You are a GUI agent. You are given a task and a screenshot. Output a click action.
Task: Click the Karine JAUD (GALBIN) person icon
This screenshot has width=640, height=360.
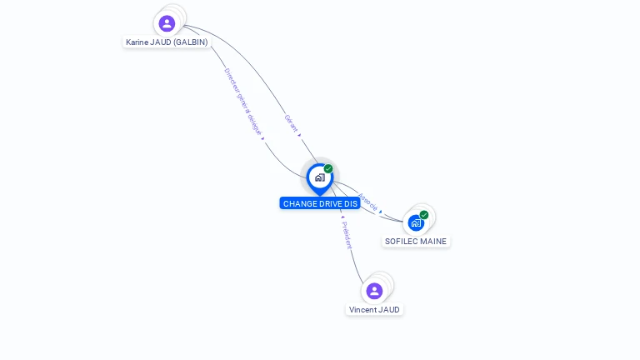point(167,23)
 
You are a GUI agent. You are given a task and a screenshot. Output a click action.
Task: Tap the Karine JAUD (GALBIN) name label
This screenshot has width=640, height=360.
point(167,42)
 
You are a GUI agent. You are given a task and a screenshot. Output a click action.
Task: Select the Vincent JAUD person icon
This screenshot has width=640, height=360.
point(374,291)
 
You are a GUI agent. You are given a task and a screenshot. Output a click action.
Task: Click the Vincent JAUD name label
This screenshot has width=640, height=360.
point(374,310)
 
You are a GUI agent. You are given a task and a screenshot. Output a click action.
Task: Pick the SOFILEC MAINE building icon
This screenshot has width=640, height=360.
point(416,223)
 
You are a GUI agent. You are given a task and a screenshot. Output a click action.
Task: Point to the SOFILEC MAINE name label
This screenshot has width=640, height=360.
point(416,242)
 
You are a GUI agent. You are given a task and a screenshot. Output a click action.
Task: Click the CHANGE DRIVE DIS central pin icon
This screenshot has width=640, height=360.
point(319,177)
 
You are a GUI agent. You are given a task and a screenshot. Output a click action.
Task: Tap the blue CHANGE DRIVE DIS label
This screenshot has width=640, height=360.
point(320,203)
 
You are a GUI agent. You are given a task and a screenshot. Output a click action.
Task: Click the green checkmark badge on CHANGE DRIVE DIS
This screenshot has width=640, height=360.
point(328,169)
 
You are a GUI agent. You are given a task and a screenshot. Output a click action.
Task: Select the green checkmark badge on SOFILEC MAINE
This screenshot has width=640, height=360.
point(424,215)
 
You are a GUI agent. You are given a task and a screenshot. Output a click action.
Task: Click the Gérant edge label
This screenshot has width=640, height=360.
point(291,123)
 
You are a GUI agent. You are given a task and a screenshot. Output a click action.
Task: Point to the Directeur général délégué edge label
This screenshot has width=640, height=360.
point(243,102)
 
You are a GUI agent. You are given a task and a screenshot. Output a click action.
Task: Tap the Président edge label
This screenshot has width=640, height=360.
point(347,235)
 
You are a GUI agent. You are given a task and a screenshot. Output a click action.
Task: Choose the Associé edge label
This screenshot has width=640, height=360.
point(367,202)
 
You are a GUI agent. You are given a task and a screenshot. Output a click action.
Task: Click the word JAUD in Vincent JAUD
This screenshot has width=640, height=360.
point(388,310)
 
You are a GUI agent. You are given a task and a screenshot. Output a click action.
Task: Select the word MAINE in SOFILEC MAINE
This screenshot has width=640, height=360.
point(432,242)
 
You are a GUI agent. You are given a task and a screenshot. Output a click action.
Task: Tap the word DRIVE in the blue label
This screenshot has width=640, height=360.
point(327,203)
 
